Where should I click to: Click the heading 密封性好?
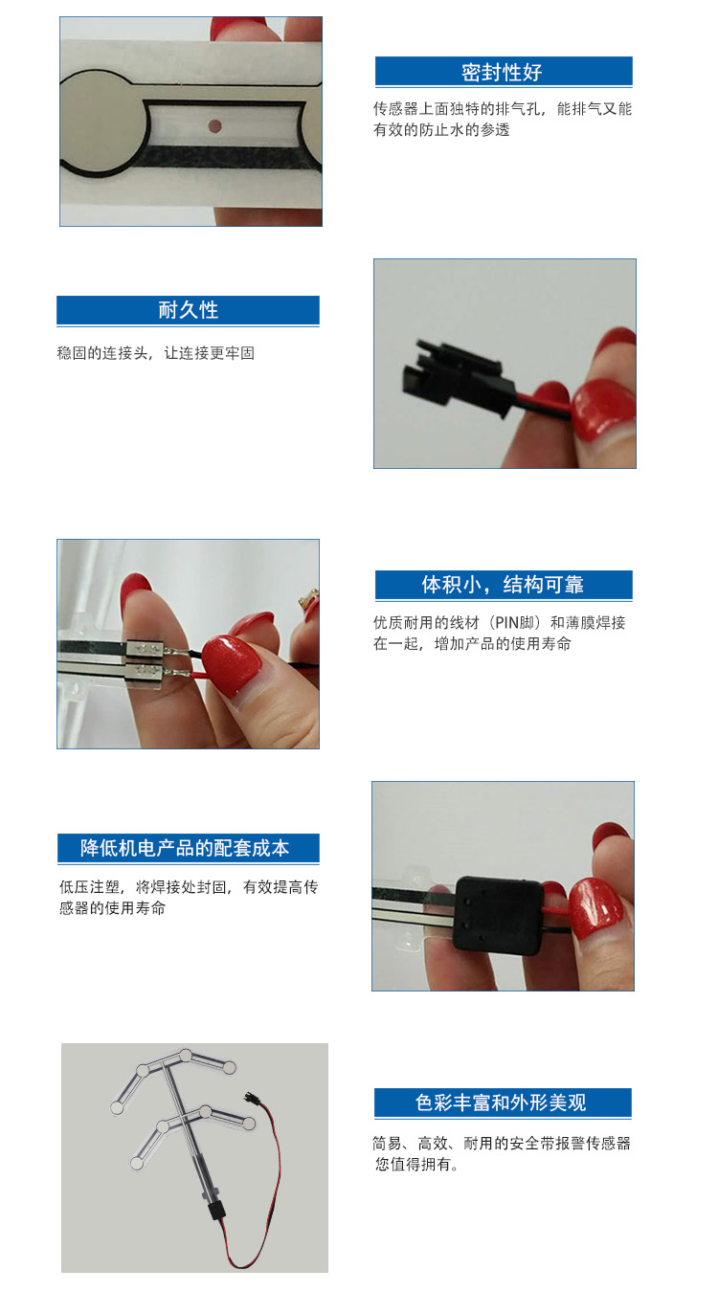[502, 73]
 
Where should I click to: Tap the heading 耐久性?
[189, 310]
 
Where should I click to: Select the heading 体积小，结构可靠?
[503, 585]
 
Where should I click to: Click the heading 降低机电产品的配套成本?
[185, 848]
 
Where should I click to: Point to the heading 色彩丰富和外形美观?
[501, 1103]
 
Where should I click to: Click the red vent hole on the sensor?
[214, 125]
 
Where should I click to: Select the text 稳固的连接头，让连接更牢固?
[156, 353]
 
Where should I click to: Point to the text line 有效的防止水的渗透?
[441, 130]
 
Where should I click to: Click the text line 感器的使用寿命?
[113, 908]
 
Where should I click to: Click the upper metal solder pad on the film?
[146, 650]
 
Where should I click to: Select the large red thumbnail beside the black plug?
[604, 411]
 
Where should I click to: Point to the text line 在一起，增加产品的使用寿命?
[472, 644]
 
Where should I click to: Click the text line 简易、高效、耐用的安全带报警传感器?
[502, 1144]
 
